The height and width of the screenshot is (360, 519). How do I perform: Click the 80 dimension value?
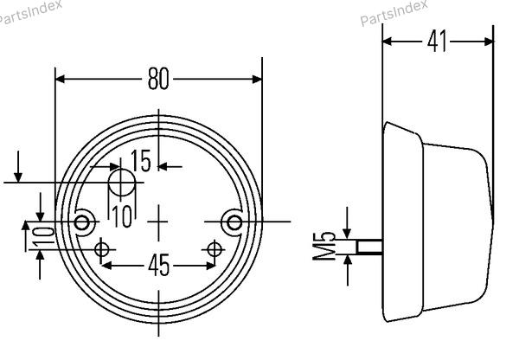click(x=158, y=79)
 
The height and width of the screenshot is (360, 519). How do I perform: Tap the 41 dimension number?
click(x=437, y=42)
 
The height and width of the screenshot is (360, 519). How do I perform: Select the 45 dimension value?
click(x=158, y=266)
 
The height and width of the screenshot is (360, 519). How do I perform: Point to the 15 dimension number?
click(x=141, y=161)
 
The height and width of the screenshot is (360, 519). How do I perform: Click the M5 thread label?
click(x=324, y=246)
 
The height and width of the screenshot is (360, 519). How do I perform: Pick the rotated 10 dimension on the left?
click(x=44, y=235)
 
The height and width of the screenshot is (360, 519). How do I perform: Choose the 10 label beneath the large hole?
click(x=122, y=216)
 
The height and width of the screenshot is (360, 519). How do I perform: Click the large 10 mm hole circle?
click(x=122, y=183)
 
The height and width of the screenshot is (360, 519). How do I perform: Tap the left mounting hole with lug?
click(x=81, y=222)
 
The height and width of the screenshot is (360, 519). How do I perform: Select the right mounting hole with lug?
click(x=234, y=222)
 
